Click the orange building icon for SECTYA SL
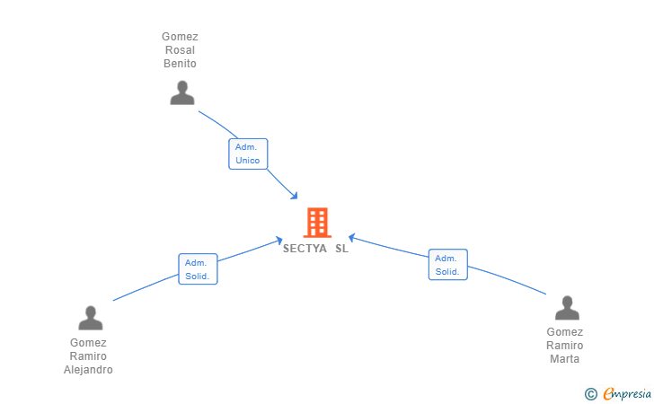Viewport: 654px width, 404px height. [317, 223]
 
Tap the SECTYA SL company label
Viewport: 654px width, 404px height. [315, 249]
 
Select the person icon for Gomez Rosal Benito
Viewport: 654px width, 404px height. [182, 92]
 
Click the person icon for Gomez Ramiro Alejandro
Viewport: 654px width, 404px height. [91, 318]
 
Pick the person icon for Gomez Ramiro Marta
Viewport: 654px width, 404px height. [567, 308]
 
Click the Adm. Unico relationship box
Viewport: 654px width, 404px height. [248, 154]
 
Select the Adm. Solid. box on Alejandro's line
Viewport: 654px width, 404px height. [198, 269]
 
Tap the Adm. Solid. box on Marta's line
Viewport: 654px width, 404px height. [447, 265]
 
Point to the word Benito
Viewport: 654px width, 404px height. [180, 64]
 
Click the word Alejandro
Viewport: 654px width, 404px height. [88, 370]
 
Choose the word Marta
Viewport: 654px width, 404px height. [565, 359]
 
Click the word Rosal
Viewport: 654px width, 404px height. [180, 50]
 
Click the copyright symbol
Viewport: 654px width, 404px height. [590, 393]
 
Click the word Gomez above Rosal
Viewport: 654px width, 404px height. [180, 37]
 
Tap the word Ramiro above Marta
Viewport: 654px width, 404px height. [565, 346]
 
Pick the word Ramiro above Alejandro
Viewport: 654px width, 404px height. [88, 356]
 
